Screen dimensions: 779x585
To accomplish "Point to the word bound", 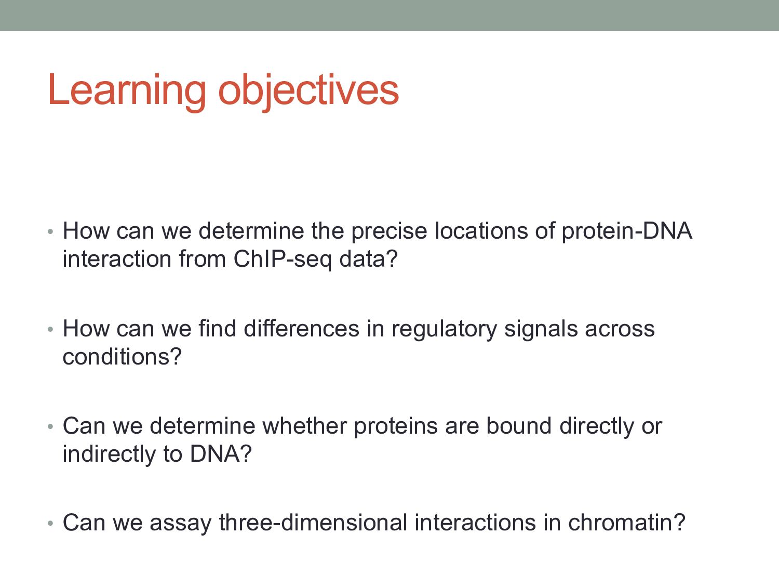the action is pyautogui.click(x=518, y=426).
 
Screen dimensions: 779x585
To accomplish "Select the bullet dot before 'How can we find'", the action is pyautogui.click(x=50, y=330).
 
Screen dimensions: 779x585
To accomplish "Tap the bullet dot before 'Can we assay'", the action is pyautogui.click(x=50, y=524).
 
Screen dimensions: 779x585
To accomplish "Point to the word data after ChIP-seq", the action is pyautogui.click(x=362, y=259).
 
